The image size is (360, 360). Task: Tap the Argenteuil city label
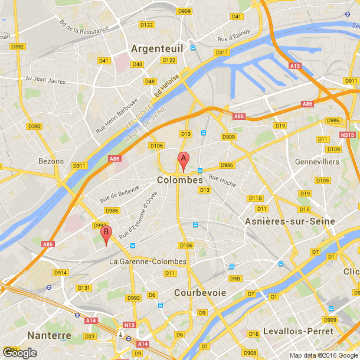(x=158, y=48)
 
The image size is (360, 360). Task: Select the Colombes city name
(x=179, y=179)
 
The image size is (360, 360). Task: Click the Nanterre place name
(x=49, y=335)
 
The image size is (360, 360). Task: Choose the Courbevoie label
(x=200, y=292)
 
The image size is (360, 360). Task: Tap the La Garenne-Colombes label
(x=148, y=261)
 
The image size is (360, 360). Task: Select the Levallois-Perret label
(x=297, y=330)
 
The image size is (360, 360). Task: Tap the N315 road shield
(x=348, y=135)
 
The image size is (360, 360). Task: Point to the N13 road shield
(x=129, y=325)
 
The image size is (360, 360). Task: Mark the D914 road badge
(x=61, y=272)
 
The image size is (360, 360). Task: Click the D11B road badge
(x=255, y=198)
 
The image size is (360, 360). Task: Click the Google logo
(x=19, y=352)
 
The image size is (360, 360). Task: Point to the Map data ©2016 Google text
(x=324, y=355)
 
